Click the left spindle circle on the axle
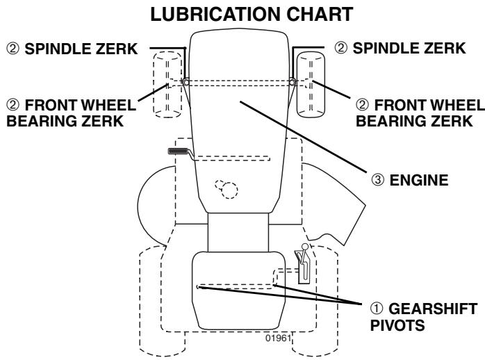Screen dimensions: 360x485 tap(186, 82)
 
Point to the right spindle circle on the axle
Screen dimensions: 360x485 tap(293, 82)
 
